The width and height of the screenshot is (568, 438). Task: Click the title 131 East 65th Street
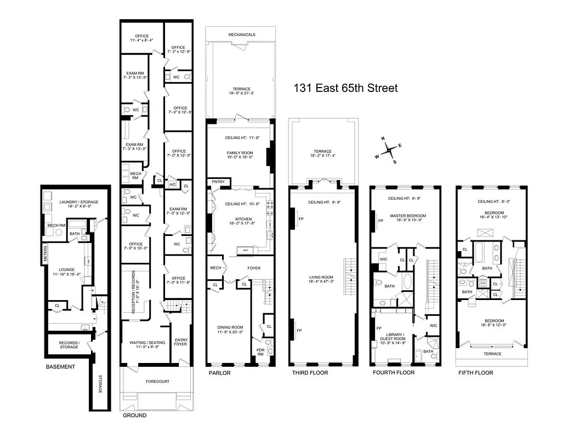[345, 88]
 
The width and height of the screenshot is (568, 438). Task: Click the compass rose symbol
[389, 149]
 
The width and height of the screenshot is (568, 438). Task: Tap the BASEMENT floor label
[60, 367]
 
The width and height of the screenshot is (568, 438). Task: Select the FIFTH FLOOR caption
[475, 373]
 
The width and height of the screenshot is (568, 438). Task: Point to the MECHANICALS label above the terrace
[241, 34]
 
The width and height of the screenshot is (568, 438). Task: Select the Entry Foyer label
[180, 342]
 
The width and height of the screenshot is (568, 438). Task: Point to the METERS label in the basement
[46, 252]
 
